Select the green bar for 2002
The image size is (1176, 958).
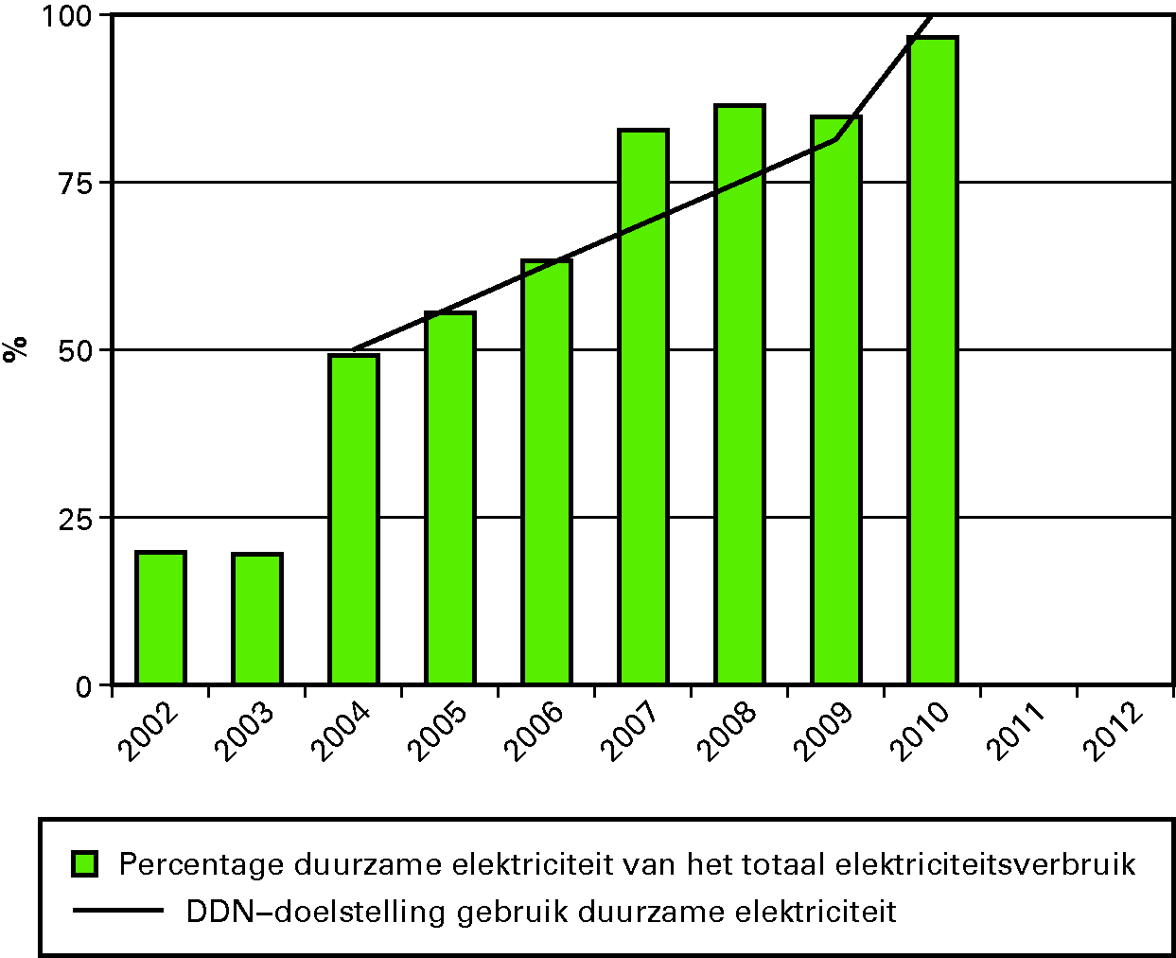[x=161, y=617]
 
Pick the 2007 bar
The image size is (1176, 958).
[x=643, y=407]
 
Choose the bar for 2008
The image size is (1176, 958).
[x=740, y=395]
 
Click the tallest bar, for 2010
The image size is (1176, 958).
[x=933, y=361]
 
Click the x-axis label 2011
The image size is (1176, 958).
[x=1015, y=730]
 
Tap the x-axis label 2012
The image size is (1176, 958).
[x=1112, y=730]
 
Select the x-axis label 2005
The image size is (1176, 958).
[x=436, y=730]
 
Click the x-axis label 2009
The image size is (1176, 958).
[x=822, y=730]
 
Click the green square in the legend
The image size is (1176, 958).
[x=85, y=863]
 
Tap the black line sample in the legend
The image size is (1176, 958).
[x=118, y=912]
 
